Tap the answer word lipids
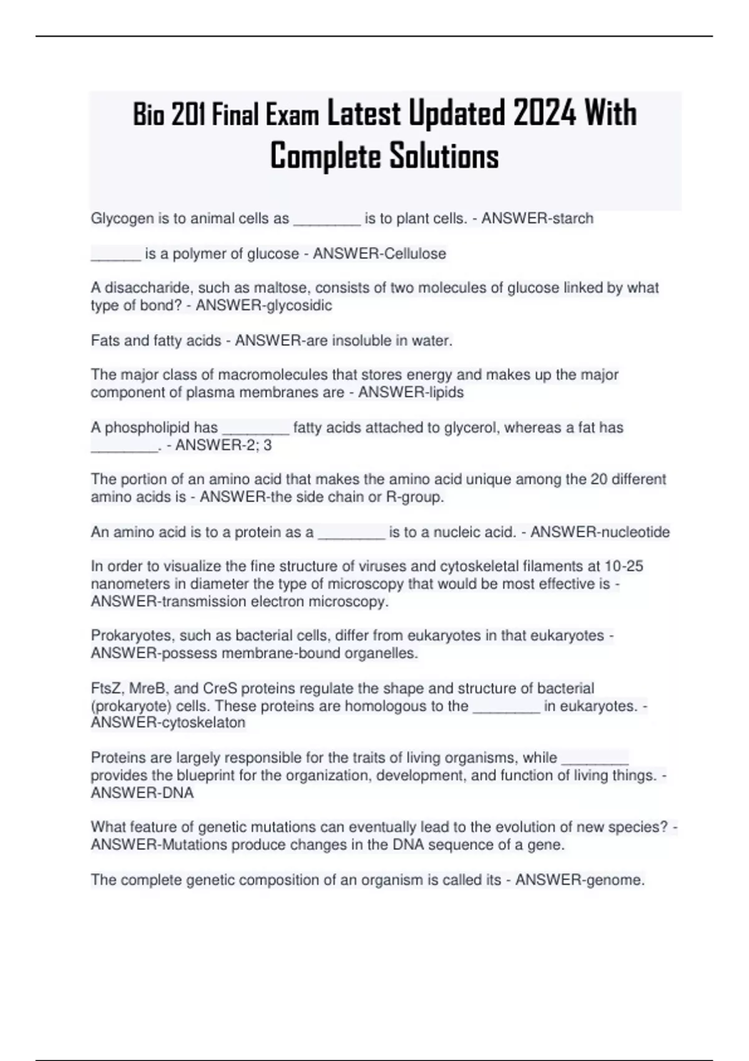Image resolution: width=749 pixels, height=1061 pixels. pos(445,393)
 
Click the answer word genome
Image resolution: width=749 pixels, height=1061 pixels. pos(614,880)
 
